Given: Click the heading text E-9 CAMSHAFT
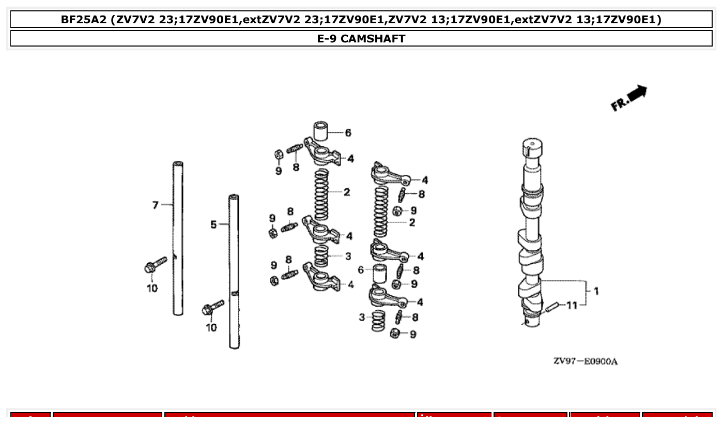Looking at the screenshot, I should (361, 39).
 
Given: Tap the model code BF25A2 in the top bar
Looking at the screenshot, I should (84, 20).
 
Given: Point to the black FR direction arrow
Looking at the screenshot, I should (638, 93).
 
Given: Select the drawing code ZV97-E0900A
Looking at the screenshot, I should (585, 361).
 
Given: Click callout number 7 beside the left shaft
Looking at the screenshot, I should (155, 205).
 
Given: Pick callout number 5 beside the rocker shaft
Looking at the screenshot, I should (213, 224).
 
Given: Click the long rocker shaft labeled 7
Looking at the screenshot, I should (178, 238).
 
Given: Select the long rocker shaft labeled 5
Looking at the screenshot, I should (234, 271).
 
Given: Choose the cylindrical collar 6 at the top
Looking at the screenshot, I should (321, 131).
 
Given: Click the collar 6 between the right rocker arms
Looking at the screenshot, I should (380, 273).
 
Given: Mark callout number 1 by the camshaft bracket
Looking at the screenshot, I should (596, 291).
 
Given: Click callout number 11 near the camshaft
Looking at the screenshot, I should (572, 305).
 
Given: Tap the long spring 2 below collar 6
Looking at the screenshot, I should (322, 194).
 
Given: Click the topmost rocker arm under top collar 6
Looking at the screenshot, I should (323, 152).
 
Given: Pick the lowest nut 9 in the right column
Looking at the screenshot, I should (395, 334).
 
